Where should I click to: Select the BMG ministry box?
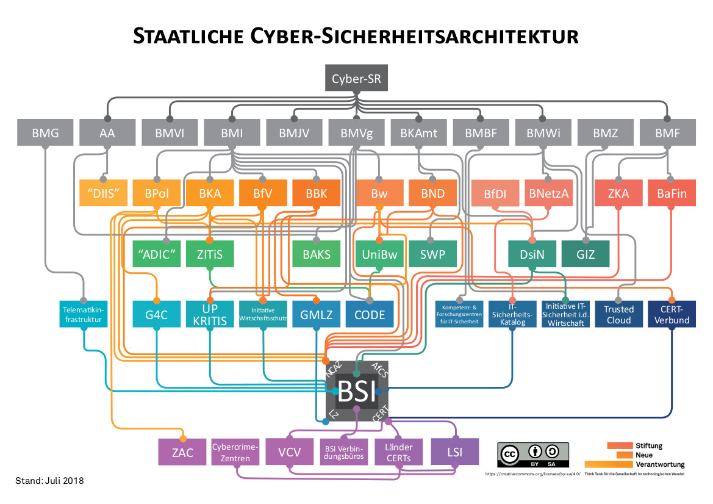(46, 132)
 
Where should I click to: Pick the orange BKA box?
(210, 194)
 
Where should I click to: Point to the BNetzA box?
(548, 194)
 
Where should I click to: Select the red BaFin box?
(672, 194)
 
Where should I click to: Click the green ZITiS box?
(210, 254)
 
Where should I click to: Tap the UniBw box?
(379, 254)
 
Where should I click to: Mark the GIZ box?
(586, 254)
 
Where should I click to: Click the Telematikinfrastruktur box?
(84, 314)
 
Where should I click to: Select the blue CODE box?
(370, 314)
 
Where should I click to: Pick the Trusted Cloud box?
(618, 314)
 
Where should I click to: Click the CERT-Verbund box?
(672, 314)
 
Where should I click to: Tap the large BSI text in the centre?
(357, 391)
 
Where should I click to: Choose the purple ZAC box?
(183, 452)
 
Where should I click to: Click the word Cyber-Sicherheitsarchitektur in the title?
(414, 35)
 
